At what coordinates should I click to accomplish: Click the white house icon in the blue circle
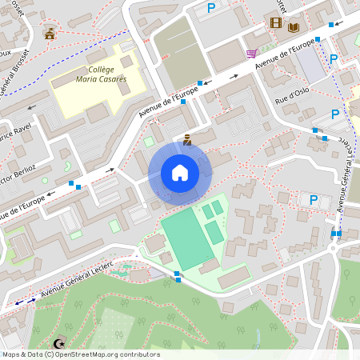coord(179,172)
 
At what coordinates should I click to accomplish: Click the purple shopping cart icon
coord(252,54)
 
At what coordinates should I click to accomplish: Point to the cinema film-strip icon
coord(276,23)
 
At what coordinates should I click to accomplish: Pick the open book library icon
coord(294,27)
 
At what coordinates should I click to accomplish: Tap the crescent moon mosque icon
coord(58,343)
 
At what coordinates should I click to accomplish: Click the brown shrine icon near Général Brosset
coord(50,34)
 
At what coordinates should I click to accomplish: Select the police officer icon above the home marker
coord(187,140)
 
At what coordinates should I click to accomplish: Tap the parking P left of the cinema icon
coord(211,8)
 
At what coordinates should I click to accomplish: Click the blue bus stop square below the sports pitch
coord(177,278)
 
